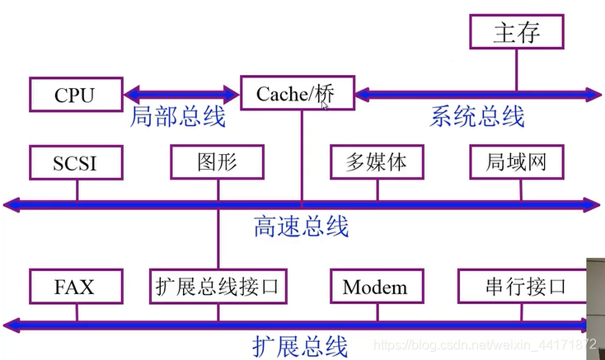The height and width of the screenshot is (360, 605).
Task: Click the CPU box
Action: [x=75, y=95]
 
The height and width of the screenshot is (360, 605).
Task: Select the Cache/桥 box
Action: [x=296, y=93]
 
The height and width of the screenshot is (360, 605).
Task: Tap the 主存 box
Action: [x=517, y=34]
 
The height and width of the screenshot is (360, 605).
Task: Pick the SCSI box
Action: [x=75, y=162]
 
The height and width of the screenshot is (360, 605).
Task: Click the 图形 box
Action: [x=218, y=161]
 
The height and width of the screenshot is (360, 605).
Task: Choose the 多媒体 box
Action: [x=375, y=161]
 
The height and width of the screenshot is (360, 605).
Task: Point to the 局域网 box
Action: [x=519, y=161]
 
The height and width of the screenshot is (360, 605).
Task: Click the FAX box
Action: [x=75, y=287]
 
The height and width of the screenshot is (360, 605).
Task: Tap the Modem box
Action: [x=375, y=287]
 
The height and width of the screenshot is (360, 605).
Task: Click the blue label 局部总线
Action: [x=178, y=117]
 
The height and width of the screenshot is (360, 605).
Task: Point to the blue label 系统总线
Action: [x=476, y=117]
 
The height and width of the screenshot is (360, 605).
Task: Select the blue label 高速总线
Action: [x=302, y=225]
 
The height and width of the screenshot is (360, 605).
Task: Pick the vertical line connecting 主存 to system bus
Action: [x=517, y=70]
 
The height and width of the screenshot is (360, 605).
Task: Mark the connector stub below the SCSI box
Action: [x=77, y=189]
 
